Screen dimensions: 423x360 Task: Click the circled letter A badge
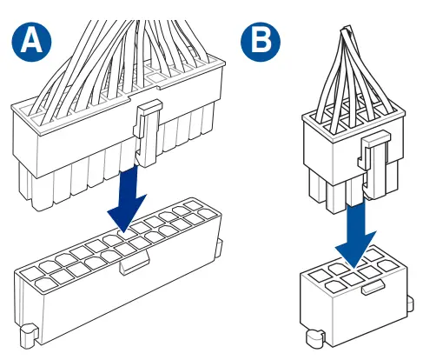(31, 42)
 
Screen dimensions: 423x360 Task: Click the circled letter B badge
(261, 42)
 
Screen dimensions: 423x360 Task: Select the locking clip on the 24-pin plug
(147, 133)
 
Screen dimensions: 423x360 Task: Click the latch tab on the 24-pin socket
(135, 263)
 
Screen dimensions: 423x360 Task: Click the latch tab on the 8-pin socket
(373, 288)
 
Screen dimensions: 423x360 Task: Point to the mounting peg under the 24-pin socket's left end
(29, 337)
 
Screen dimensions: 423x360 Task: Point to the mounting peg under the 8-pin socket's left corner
(315, 338)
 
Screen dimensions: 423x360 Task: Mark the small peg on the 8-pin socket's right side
(410, 304)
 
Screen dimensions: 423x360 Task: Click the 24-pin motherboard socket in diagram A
(119, 271)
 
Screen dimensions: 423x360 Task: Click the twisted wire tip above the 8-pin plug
(347, 29)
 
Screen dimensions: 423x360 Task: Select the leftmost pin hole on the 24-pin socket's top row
(30, 273)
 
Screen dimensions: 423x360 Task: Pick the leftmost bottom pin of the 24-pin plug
(25, 185)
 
